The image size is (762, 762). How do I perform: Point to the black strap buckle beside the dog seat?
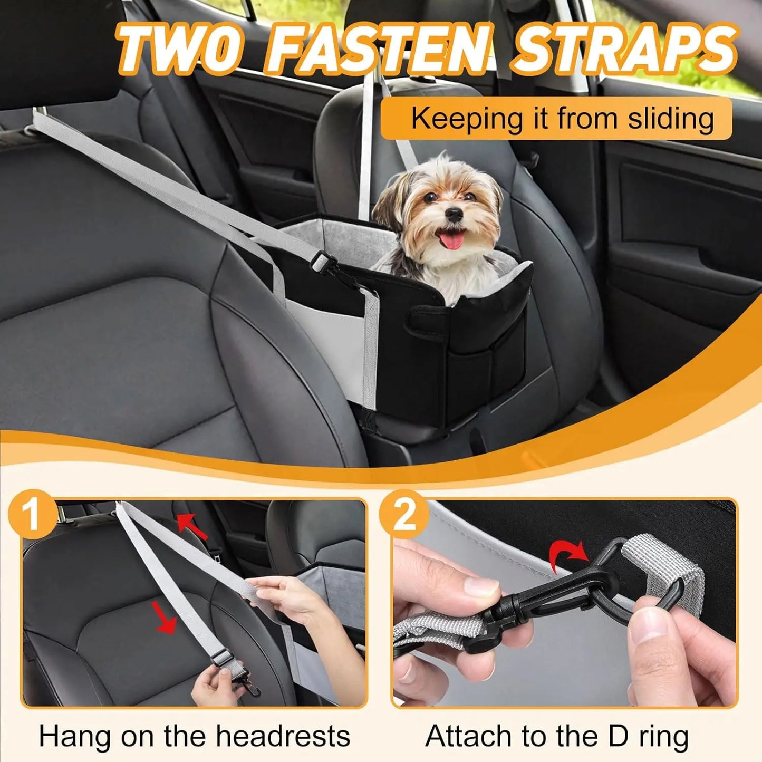pos(323,261)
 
